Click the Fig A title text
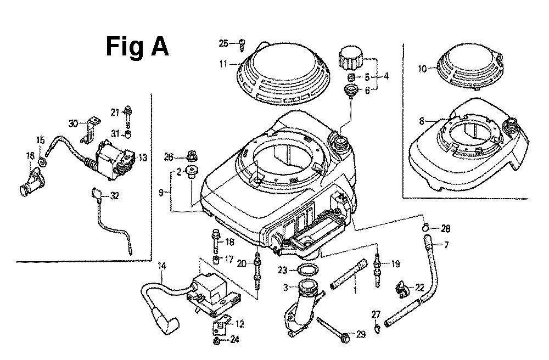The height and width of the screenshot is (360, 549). [x=137, y=47]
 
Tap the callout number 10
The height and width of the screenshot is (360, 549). [x=422, y=69]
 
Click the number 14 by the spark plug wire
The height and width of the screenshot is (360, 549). [x=161, y=266]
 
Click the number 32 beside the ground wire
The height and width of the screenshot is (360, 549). [x=114, y=195]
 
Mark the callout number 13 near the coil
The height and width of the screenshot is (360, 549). [x=142, y=157]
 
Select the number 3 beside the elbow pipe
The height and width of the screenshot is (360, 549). [x=285, y=287]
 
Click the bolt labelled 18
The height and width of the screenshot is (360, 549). [x=215, y=241]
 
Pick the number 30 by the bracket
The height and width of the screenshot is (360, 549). [x=74, y=123]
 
